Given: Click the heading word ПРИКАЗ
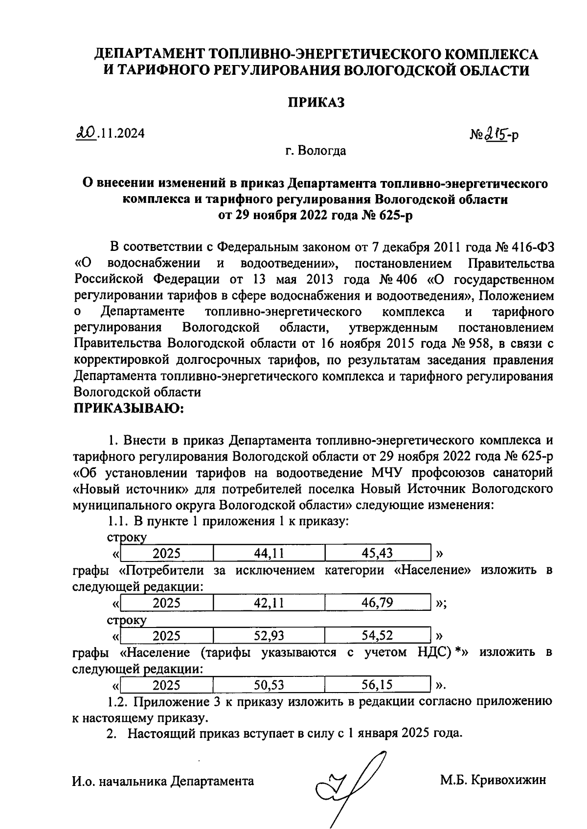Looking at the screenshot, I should point(316,102).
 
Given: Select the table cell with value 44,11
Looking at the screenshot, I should point(269,554).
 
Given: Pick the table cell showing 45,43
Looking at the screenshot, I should point(377,554).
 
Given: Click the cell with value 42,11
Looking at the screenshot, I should point(269,603).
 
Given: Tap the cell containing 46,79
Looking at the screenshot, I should point(377,603).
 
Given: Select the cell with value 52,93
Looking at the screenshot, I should point(269,636).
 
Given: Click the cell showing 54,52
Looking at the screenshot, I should point(377,636).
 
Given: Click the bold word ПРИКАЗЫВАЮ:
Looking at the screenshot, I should point(128,408).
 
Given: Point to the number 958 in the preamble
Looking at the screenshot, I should point(479,344).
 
